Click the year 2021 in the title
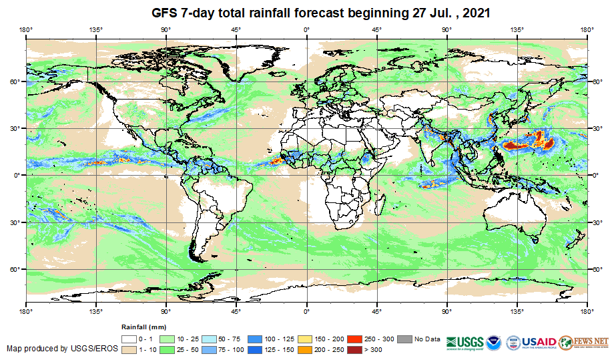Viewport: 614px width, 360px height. coord(475,13)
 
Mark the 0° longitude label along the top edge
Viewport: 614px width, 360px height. coord(306,29)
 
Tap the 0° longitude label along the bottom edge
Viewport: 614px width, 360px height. coord(306,311)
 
